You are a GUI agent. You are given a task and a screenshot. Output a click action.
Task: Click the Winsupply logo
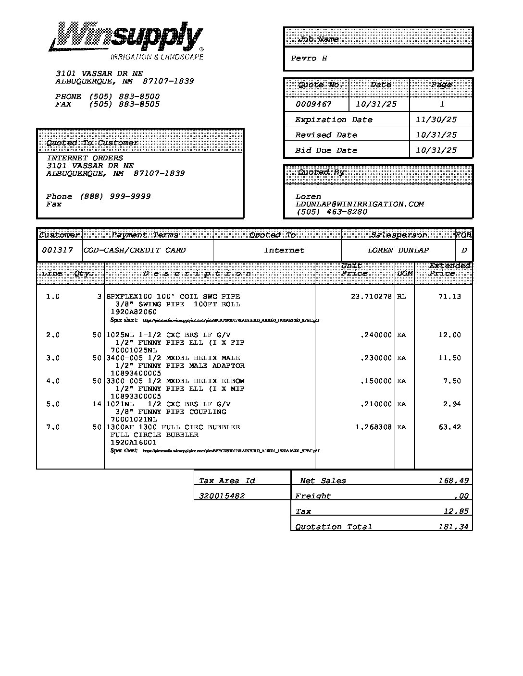[x=126, y=41]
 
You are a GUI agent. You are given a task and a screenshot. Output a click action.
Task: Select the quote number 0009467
[x=313, y=104]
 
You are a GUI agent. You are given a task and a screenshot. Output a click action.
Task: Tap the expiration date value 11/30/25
[x=436, y=120]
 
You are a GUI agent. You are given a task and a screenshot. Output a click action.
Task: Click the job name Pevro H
[x=309, y=59]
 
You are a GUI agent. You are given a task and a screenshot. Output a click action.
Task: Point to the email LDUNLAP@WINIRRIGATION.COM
[x=360, y=204]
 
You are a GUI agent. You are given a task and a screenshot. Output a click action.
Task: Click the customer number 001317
[x=57, y=250]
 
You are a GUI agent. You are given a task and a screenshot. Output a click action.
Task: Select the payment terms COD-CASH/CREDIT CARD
[x=135, y=250]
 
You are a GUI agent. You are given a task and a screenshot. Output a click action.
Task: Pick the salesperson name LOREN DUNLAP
[x=398, y=250]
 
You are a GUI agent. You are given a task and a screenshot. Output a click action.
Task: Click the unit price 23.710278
[x=371, y=297]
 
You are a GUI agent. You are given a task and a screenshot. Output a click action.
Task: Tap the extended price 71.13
[x=449, y=297]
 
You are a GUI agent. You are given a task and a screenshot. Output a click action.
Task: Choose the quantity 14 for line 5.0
[x=97, y=404]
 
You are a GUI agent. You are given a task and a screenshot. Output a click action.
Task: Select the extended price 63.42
[x=449, y=427]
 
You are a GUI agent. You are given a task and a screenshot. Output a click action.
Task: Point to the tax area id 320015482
[x=222, y=496]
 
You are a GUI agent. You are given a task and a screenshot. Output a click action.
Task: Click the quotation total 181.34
[x=453, y=527]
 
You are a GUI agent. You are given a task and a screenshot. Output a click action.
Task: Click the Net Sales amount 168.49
[x=453, y=481]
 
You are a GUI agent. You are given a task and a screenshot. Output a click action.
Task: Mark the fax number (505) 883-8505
[x=124, y=104]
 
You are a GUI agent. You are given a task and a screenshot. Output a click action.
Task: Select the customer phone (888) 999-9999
[x=115, y=196]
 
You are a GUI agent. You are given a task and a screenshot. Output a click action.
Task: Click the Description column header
[x=197, y=274]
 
